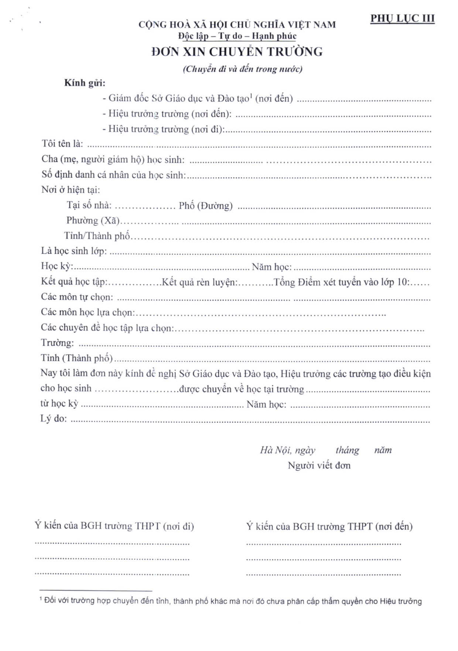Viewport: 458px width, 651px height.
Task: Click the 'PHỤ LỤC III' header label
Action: point(402,18)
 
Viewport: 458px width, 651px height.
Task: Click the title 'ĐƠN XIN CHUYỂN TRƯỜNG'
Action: point(237,52)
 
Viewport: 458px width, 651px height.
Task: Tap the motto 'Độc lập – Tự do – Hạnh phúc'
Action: point(237,36)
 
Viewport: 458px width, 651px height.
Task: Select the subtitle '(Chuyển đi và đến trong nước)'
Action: point(243,69)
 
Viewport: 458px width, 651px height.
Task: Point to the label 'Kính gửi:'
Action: point(85,83)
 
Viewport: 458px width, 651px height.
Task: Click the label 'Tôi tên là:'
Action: point(62,144)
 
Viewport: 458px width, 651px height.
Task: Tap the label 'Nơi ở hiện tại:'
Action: point(71,190)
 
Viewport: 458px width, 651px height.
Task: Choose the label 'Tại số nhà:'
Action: point(89,206)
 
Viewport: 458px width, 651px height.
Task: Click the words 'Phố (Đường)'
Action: point(205,206)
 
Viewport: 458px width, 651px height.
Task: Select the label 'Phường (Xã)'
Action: point(93,221)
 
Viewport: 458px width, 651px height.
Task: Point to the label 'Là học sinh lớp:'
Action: point(74,251)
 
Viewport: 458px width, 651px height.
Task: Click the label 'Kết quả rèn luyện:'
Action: point(199,282)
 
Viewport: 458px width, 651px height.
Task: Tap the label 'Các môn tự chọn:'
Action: point(77,297)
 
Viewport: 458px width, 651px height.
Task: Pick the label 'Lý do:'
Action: point(54,419)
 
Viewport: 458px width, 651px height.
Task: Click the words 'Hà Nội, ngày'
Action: point(287,450)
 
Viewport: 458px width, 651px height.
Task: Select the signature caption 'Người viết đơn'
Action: point(319,465)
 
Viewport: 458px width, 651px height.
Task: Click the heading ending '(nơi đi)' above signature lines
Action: point(114,526)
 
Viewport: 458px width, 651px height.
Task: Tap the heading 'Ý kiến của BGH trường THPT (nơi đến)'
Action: point(329,526)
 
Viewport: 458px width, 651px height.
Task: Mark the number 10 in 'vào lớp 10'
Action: point(401,282)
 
